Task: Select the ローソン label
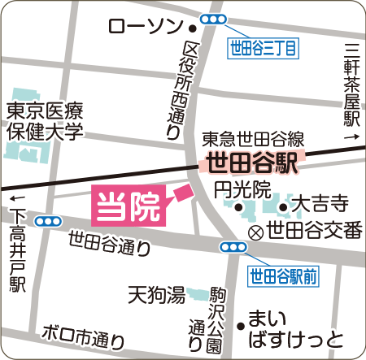pyautogui.click(x=147, y=28)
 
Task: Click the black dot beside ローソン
pyautogui.click(x=193, y=28)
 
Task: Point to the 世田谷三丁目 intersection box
pyautogui.click(x=262, y=49)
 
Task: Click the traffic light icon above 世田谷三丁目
pyautogui.click(x=213, y=19)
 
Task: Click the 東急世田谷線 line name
pyautogui.click(x=253, y=138)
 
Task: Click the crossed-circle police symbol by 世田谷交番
pyautogui.click(x=255, y=231)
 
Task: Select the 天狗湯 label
pyautogui.click(x=155, y=296)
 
